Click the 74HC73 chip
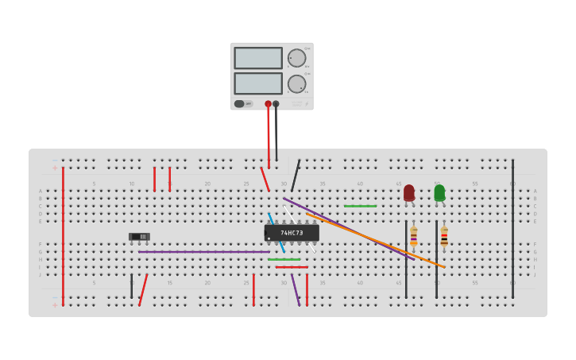click(292, 233)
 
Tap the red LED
click(409, 192)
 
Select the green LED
click(439, 192)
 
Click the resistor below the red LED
click(413, 235)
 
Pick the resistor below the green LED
click(444, 235)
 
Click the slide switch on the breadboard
click(139, 236)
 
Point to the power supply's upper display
click(258, 58)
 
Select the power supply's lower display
click(258, 83)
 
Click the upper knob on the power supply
click(296, 58)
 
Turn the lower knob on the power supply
click(296, 83)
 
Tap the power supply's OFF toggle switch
click(239, 103)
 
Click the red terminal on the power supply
click(269, 104)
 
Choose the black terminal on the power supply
click(276, 104)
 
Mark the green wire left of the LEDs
click(360, 206)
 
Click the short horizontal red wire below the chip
click(292, 267)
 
